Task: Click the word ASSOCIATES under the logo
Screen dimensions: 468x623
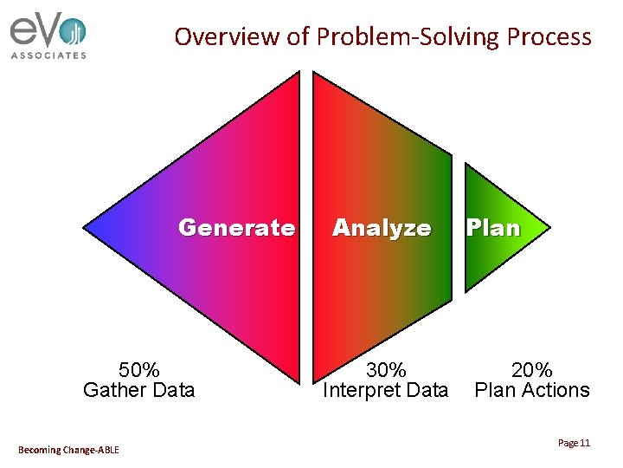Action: click(48, 55)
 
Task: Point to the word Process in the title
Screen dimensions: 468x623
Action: click(549, 36)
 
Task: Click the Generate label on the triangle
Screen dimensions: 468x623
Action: click(236, 228)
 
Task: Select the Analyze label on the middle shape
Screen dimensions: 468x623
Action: click(382, 228)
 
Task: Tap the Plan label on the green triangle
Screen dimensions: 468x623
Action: click(493, 228)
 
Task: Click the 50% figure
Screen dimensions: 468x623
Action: click(138, 371)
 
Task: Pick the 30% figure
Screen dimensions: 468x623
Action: click(385, 371)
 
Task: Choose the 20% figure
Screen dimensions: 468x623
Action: click(532, 371)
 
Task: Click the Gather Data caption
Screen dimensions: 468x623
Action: click(138, 390)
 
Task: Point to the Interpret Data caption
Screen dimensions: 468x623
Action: click(385, 390)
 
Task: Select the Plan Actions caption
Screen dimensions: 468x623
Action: click(532, 390)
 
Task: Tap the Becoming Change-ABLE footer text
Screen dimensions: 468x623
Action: click(68, 449)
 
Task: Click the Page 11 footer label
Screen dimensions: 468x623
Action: click(574, 443)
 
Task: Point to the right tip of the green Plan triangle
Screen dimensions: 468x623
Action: click(547, 228)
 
